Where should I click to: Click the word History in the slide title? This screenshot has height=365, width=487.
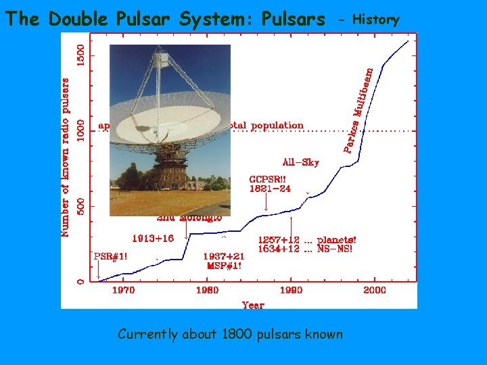click(x=376, y=20)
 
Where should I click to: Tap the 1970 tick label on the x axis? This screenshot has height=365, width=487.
click(x=123, y=290)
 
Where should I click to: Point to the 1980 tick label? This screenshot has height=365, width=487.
click(x=207, y=290)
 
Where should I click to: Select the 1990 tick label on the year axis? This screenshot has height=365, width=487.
click(x=291, y=290)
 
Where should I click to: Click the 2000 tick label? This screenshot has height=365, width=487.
click(x=375, y=290)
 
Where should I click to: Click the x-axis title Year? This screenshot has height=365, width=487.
click(x=253, y=304)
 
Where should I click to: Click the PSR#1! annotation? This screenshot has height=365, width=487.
click(x=110, y=256)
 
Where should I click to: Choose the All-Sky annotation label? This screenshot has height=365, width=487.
click(x=300, y=162)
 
